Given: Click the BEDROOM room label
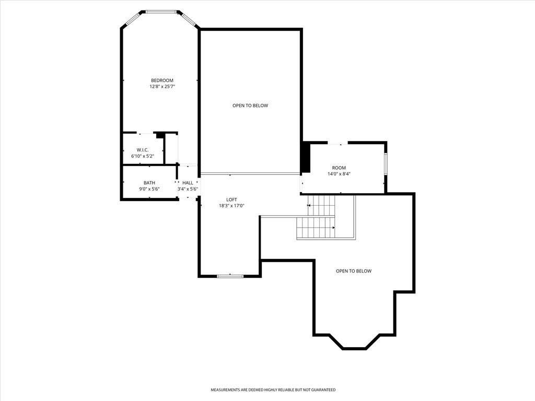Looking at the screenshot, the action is click(x=162, y=80).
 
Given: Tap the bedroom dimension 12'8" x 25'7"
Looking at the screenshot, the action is click(x=162, y=87).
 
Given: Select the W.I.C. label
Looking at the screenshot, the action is click(x=143, y=150).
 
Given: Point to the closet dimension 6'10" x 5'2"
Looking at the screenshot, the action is click(x=143, y=156).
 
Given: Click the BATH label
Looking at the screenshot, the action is click(x=149, y=183).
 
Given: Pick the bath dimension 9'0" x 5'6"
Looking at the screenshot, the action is click(x=149, y=189).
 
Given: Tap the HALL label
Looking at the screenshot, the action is click(x=188, y=183).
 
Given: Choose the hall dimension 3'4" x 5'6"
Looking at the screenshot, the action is click(x=188, y=189).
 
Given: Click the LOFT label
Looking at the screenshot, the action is click(x=231, y=199).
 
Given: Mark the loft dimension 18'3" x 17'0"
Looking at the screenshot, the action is click(x=231, y=206).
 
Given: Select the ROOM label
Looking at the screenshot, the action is click(x=339, y=168).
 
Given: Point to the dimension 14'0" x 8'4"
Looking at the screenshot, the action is click(x=339, y=174).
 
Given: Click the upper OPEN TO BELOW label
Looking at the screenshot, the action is click(x=250, y=105).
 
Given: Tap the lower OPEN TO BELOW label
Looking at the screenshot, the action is click(x=354, y=271).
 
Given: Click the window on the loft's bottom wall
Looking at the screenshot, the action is click(x=230, y=276).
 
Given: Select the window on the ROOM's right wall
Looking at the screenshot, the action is click(x=386, y=164).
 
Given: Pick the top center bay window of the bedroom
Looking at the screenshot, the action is click(x=161, y=12).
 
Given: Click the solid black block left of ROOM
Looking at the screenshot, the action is click(x=306, y=158).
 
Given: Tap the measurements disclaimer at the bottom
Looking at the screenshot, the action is click(x=273, y=390).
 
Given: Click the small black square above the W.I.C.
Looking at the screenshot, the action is click(x=159, y=135).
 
